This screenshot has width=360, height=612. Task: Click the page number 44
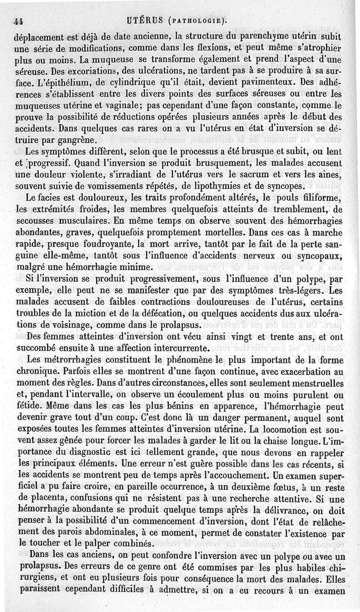(18, 21)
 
